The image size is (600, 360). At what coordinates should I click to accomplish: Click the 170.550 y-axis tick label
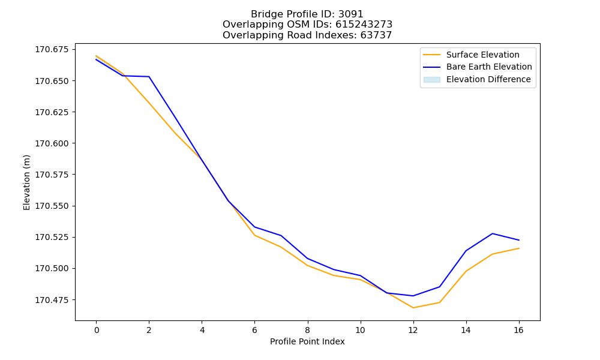pos(52,206)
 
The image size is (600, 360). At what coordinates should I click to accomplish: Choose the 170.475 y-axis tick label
pos(52,300)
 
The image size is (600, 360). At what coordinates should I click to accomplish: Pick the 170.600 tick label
pos(52,143)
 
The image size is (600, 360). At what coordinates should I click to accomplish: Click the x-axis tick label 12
pos(413,330)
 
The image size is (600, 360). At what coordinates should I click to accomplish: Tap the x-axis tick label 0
pos(97,330)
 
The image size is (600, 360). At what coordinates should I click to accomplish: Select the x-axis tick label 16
pos(518,330)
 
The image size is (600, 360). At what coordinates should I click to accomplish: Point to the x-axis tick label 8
pos(308,330)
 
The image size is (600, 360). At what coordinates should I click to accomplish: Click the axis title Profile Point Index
pos(307,341)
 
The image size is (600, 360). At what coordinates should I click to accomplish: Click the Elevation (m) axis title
pos(26,182)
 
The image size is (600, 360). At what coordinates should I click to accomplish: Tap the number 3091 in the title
pos(350,14)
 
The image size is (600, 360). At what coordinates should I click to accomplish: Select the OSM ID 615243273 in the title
pos(364,25)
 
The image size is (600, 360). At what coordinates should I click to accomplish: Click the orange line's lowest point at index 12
pos(413,308)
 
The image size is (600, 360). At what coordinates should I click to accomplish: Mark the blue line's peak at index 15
pos(493,233)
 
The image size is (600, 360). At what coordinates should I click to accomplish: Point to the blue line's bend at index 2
pos(149,77)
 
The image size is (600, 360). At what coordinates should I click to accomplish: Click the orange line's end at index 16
pos(519,248)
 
